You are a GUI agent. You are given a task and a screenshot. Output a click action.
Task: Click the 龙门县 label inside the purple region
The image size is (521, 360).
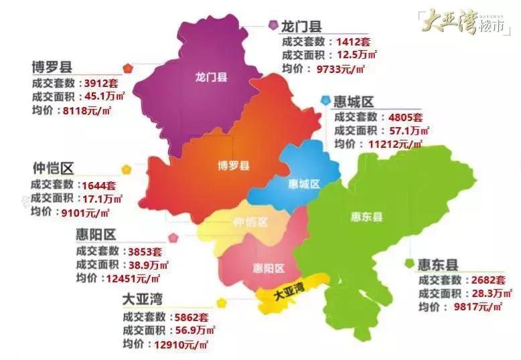211,77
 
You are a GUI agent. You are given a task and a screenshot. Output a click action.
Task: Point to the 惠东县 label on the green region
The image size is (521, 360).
366,216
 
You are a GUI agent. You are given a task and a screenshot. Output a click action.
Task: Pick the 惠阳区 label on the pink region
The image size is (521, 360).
269,268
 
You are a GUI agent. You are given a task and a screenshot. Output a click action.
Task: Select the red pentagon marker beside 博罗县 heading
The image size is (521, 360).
127,68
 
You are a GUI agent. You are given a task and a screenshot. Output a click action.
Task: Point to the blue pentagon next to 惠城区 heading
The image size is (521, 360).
325,100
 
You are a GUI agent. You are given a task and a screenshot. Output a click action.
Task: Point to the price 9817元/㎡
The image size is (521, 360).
477,306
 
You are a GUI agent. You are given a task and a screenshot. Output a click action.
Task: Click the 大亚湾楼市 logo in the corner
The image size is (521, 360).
465,25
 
